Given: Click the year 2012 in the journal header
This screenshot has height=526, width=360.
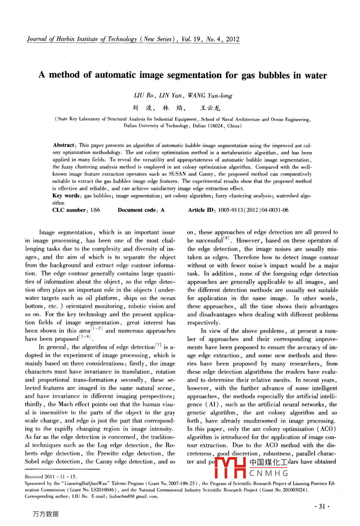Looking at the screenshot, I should coord(233,39).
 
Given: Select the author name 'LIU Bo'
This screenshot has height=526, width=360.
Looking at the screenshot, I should coord(144,95).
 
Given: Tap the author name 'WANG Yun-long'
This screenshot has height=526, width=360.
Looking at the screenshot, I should coord(210,95).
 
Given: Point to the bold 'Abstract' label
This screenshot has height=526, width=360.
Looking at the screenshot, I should coord(64,145).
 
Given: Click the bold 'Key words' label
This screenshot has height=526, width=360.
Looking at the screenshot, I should coord(66,196).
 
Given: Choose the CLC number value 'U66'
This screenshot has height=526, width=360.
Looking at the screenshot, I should coord(95,210).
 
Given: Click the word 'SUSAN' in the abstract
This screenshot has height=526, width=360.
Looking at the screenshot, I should coord(177,174).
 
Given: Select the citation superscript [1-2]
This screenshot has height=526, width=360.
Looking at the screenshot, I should coord(97,329).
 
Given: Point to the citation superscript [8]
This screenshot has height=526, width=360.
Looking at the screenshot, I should coord(226,238).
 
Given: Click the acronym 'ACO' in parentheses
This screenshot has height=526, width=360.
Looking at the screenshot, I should coord(327,429).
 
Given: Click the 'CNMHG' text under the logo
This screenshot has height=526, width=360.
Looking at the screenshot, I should coord(269,473).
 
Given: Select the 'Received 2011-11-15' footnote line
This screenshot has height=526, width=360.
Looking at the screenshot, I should coord(51,477).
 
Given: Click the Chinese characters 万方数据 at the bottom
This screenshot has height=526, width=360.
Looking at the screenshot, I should coord(46,514).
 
